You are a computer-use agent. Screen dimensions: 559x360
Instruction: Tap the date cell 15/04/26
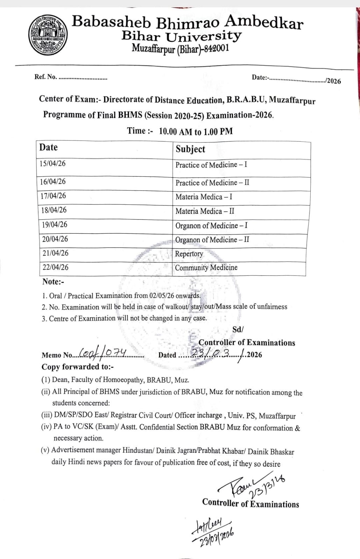pyautogui.click(x=52, y=164)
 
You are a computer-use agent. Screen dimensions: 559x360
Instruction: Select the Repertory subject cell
pyautogui.click(x=189, y=254)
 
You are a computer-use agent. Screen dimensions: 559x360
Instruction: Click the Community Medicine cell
pyautogui.click(x=206, y=268)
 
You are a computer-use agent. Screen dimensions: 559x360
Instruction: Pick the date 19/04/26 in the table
pyautogui.click(x=55, y=224)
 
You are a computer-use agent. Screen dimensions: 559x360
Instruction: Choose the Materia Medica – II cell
pyautogui.click(x=205, y=211)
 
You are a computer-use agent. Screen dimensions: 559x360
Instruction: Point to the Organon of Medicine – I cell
pyautogui.click(x=211, y=225)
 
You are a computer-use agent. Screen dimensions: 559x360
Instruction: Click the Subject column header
pyautogui.click(x=190, y=149)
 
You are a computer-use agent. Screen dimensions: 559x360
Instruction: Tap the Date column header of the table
pyautogui.click(x=48, y=147)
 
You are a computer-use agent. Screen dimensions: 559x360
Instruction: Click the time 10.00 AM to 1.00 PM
pyautogui.click(x=196, y=131)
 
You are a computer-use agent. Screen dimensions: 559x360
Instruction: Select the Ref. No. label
pyautogui.click(x=45, y=77)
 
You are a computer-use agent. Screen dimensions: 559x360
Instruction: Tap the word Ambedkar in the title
pyautogui.click(x=264, y=22)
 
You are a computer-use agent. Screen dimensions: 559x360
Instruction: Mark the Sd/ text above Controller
pyautogui.click(x=238, y=329)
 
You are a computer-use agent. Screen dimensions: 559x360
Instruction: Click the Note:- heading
pyautogui.click(x=53, y=282)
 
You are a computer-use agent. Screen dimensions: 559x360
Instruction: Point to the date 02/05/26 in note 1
pyautogui.click(x=161, y=295)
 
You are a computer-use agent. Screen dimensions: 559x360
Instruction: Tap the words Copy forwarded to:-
pyautogui.click(x=77, y=367)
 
